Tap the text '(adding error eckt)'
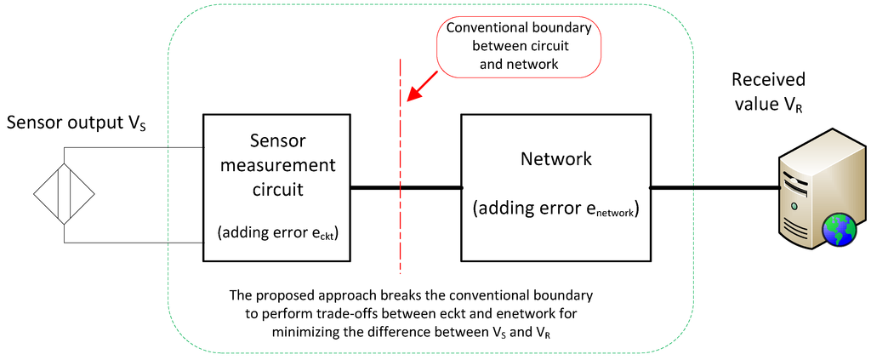[276, 232]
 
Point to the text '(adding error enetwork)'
[555, 210]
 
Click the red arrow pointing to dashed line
[423, 86]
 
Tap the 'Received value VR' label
[768, 93]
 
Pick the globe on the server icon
[838, 229]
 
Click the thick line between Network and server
[714, 187]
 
